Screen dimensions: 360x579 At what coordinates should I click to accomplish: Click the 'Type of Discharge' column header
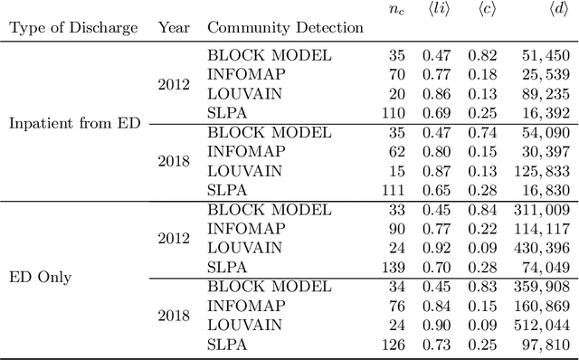point(74,27)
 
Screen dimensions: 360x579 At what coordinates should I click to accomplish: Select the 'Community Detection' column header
point(285,27)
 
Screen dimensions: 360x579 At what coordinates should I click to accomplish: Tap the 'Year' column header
point(174,27)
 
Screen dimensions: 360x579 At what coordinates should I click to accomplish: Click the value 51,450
point(545,56)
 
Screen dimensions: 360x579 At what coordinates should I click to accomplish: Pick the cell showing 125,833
point(541,171)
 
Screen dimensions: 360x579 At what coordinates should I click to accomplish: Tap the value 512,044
point(541,325)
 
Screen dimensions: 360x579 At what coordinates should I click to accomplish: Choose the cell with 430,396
point(541,248)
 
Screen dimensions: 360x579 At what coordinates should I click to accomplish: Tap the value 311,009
point(541,210)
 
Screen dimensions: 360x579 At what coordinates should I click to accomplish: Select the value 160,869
point(541,306)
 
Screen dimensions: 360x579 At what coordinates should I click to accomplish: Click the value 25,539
point(545,75)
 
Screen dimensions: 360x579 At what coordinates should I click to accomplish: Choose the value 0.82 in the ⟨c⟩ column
point(482,56)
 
